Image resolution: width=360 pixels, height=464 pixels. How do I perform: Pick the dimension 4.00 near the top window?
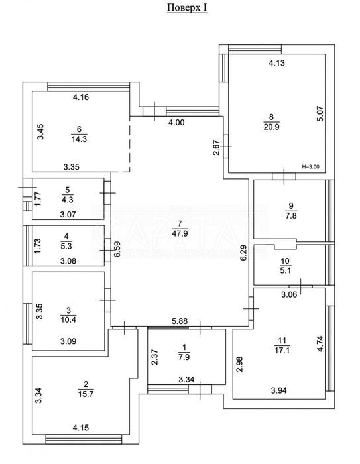tap(177, 123)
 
